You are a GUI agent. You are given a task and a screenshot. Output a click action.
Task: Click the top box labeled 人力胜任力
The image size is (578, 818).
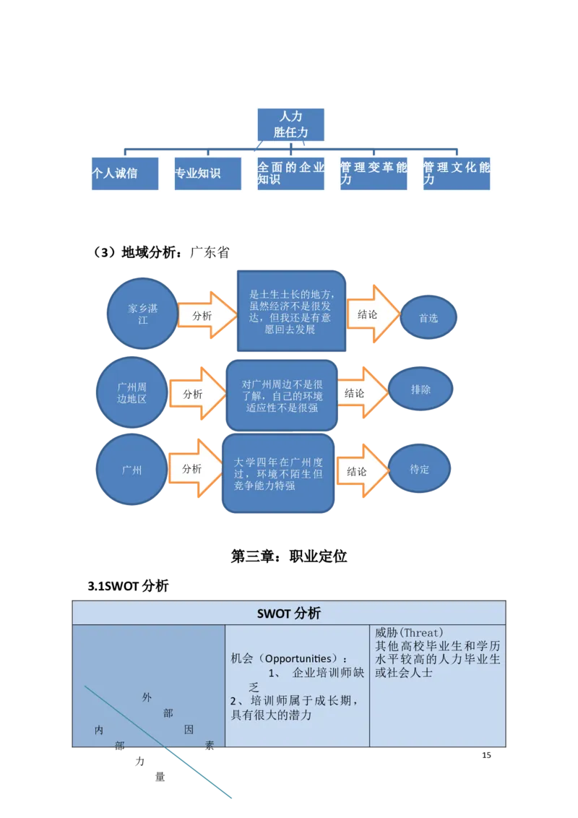click(x=291, y=124)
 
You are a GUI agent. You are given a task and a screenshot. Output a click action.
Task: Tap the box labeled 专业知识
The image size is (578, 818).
click(x=207, y=173)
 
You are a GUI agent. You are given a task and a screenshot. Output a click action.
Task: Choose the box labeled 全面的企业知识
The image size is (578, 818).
click(x=290, y=173)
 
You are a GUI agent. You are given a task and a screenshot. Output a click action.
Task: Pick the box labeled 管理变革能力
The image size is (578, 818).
click(x=373, y=173)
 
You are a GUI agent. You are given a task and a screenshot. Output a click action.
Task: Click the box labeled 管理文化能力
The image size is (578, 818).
click(x=456, y=173)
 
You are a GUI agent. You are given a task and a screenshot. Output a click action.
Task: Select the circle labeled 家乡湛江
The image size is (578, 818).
click(x=143, y=314)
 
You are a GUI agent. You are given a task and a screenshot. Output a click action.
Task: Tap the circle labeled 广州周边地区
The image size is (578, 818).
click(x=131, y=392)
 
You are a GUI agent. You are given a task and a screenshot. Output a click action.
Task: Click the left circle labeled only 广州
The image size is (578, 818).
click(x=131, y=470)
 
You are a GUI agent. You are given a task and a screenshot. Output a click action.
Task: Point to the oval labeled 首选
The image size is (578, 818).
click(x=428, y=317)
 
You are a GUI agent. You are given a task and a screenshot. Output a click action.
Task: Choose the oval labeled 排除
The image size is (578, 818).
click(x=420, y=389)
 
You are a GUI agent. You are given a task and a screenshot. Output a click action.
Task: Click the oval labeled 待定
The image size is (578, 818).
click(x=420, y=469)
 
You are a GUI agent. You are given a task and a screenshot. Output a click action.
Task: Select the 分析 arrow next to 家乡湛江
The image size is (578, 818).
click(x=206, y=316)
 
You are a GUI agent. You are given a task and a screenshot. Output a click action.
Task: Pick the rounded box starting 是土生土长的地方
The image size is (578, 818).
click(x=291, y=311)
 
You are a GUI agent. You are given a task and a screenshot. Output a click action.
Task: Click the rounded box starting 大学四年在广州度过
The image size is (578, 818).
click(x=277, y=474)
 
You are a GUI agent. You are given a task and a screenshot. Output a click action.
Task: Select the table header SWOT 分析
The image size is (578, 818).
click(x=289, y=613)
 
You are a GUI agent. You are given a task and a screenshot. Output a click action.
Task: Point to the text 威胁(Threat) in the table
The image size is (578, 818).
click(x=409, y=632)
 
